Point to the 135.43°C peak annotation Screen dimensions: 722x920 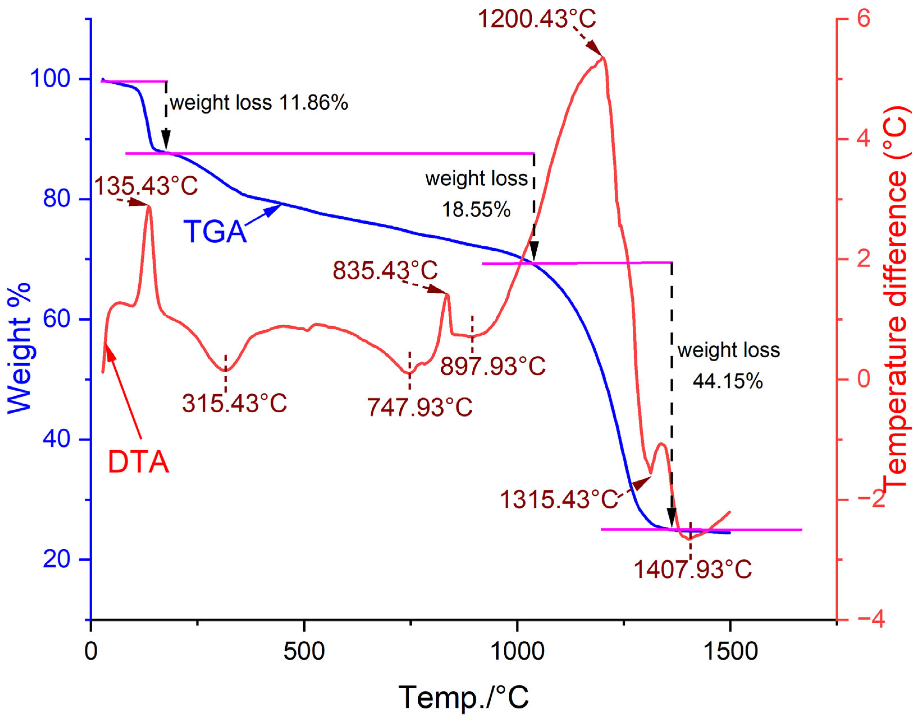146,186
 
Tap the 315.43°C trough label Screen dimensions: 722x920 235,403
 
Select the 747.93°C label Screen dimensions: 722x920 420,407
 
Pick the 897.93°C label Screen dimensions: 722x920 493,366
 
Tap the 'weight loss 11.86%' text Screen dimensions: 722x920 259,103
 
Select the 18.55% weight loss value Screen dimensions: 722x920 476,209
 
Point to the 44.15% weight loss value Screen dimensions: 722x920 728,381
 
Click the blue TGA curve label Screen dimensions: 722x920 215,232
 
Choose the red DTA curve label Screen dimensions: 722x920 138,462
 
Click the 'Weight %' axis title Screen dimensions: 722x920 19,347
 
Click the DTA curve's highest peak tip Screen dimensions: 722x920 603,57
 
